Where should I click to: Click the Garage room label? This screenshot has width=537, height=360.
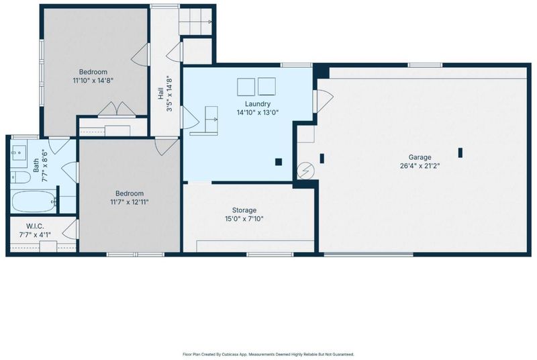click(420, 157)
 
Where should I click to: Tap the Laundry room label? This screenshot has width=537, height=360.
click(258, 104)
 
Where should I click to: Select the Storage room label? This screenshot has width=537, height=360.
click(244, 210)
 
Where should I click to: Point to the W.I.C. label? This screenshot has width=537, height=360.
click(35, 226)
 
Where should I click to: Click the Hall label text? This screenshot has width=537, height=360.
click(160, 93)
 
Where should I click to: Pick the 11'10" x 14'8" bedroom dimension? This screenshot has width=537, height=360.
click(93, 81)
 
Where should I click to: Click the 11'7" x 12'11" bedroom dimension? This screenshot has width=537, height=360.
click(130, 202)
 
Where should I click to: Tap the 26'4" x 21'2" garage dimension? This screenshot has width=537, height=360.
click(420, 166)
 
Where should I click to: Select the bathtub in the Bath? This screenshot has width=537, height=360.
click(33, 201)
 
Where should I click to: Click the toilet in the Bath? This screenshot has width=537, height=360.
click(20, 177)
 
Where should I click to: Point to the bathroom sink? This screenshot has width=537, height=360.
click(19, 152)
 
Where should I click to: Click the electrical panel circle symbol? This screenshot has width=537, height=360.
click(305, 170)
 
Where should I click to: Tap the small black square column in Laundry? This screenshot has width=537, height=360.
click(279, 162)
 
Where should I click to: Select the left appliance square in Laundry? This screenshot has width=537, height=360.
click(246, 87)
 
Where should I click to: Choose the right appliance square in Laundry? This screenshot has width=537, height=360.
click(266, 87)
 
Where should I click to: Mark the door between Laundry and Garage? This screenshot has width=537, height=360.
click(323, 101)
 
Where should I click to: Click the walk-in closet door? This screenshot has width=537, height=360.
click(71, 230)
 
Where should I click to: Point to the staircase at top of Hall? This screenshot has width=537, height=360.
click(195, 21)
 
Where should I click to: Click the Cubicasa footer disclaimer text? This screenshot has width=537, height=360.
click(268, 355)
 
